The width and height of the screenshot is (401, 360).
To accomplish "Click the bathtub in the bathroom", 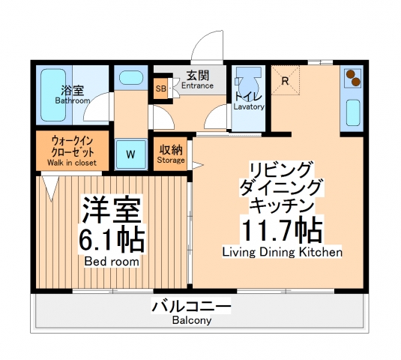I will (50, 96).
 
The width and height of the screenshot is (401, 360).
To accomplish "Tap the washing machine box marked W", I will (130, 154).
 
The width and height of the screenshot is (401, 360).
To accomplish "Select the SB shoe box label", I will (161, 88).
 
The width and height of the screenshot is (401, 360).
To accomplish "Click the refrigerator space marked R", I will (285, 82).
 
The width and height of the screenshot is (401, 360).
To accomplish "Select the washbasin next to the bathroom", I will (130, 78).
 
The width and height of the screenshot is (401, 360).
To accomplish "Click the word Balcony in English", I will (190, 319).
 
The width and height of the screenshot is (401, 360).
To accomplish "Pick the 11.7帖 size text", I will (281, 228).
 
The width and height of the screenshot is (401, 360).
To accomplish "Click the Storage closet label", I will (170, 159).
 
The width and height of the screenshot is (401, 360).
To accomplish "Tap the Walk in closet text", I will (72, 162).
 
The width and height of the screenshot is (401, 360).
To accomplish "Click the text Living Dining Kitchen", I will (282, 253).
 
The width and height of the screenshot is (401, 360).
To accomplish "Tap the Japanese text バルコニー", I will (190, 306).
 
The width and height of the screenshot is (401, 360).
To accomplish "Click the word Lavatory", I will (249, 106).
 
